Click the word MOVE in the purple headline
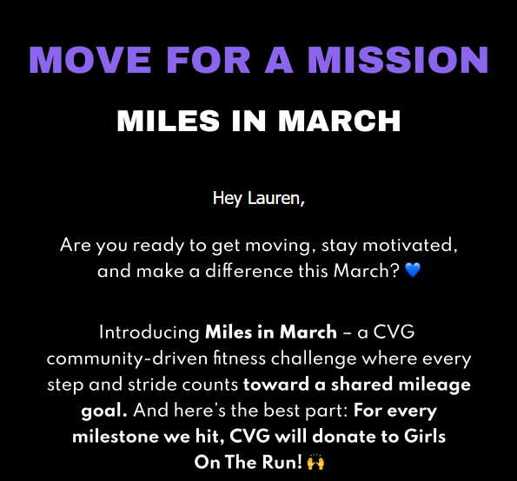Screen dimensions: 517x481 (90, 60)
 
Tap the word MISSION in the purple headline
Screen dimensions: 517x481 (398, 60)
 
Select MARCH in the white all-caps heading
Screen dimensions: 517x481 (339, 121)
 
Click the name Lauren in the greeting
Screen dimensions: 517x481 (276, 198)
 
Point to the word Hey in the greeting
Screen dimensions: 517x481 (228, 199)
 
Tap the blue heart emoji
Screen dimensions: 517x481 (413, 270)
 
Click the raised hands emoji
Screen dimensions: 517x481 (315, 462)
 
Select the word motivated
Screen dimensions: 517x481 (410, 246)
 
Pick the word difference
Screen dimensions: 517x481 (249, 271)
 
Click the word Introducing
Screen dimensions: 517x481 (149, 333)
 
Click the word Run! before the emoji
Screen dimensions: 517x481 (282, 462)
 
